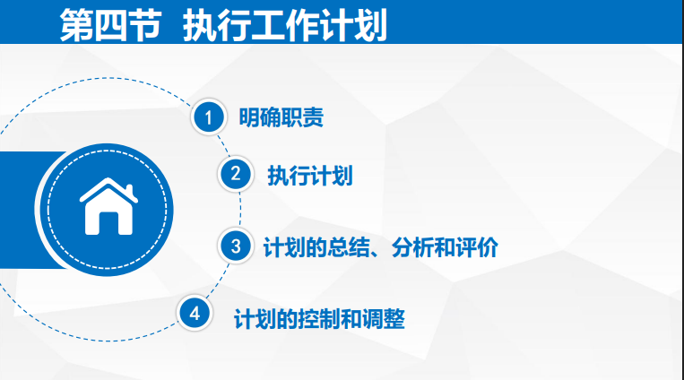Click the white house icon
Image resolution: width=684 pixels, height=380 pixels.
tap(108, 206)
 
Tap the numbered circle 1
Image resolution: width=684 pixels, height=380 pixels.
tap(209, 117)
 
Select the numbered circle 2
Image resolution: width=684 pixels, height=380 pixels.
tap(236, 174)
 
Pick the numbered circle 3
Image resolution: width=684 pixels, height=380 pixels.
tap(236, 246)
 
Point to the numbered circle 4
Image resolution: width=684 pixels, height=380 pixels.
tap(195, 314)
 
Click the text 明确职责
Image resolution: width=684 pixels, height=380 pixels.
tap(281, 117)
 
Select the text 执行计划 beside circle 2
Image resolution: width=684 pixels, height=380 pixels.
tap(310, 176)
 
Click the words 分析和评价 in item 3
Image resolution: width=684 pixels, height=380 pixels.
tap(445, 247)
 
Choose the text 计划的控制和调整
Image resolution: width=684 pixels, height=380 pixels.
tap(319, 319)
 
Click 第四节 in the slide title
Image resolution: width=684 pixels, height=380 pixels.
tap(110, 25)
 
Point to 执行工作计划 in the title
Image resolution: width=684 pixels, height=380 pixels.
tap(285, 25)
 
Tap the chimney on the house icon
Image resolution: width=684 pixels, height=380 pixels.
tap(129, 191)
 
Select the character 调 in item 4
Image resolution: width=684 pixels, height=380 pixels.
tap(373, 319)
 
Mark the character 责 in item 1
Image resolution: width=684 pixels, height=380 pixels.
tap(313, 117)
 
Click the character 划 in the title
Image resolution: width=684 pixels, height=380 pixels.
tap(370, 25)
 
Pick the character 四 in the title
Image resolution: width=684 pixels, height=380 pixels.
tap(110, 25)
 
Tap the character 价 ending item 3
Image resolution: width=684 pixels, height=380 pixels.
tap(488, 247)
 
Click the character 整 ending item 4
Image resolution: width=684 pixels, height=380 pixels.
tap(394, 319)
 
